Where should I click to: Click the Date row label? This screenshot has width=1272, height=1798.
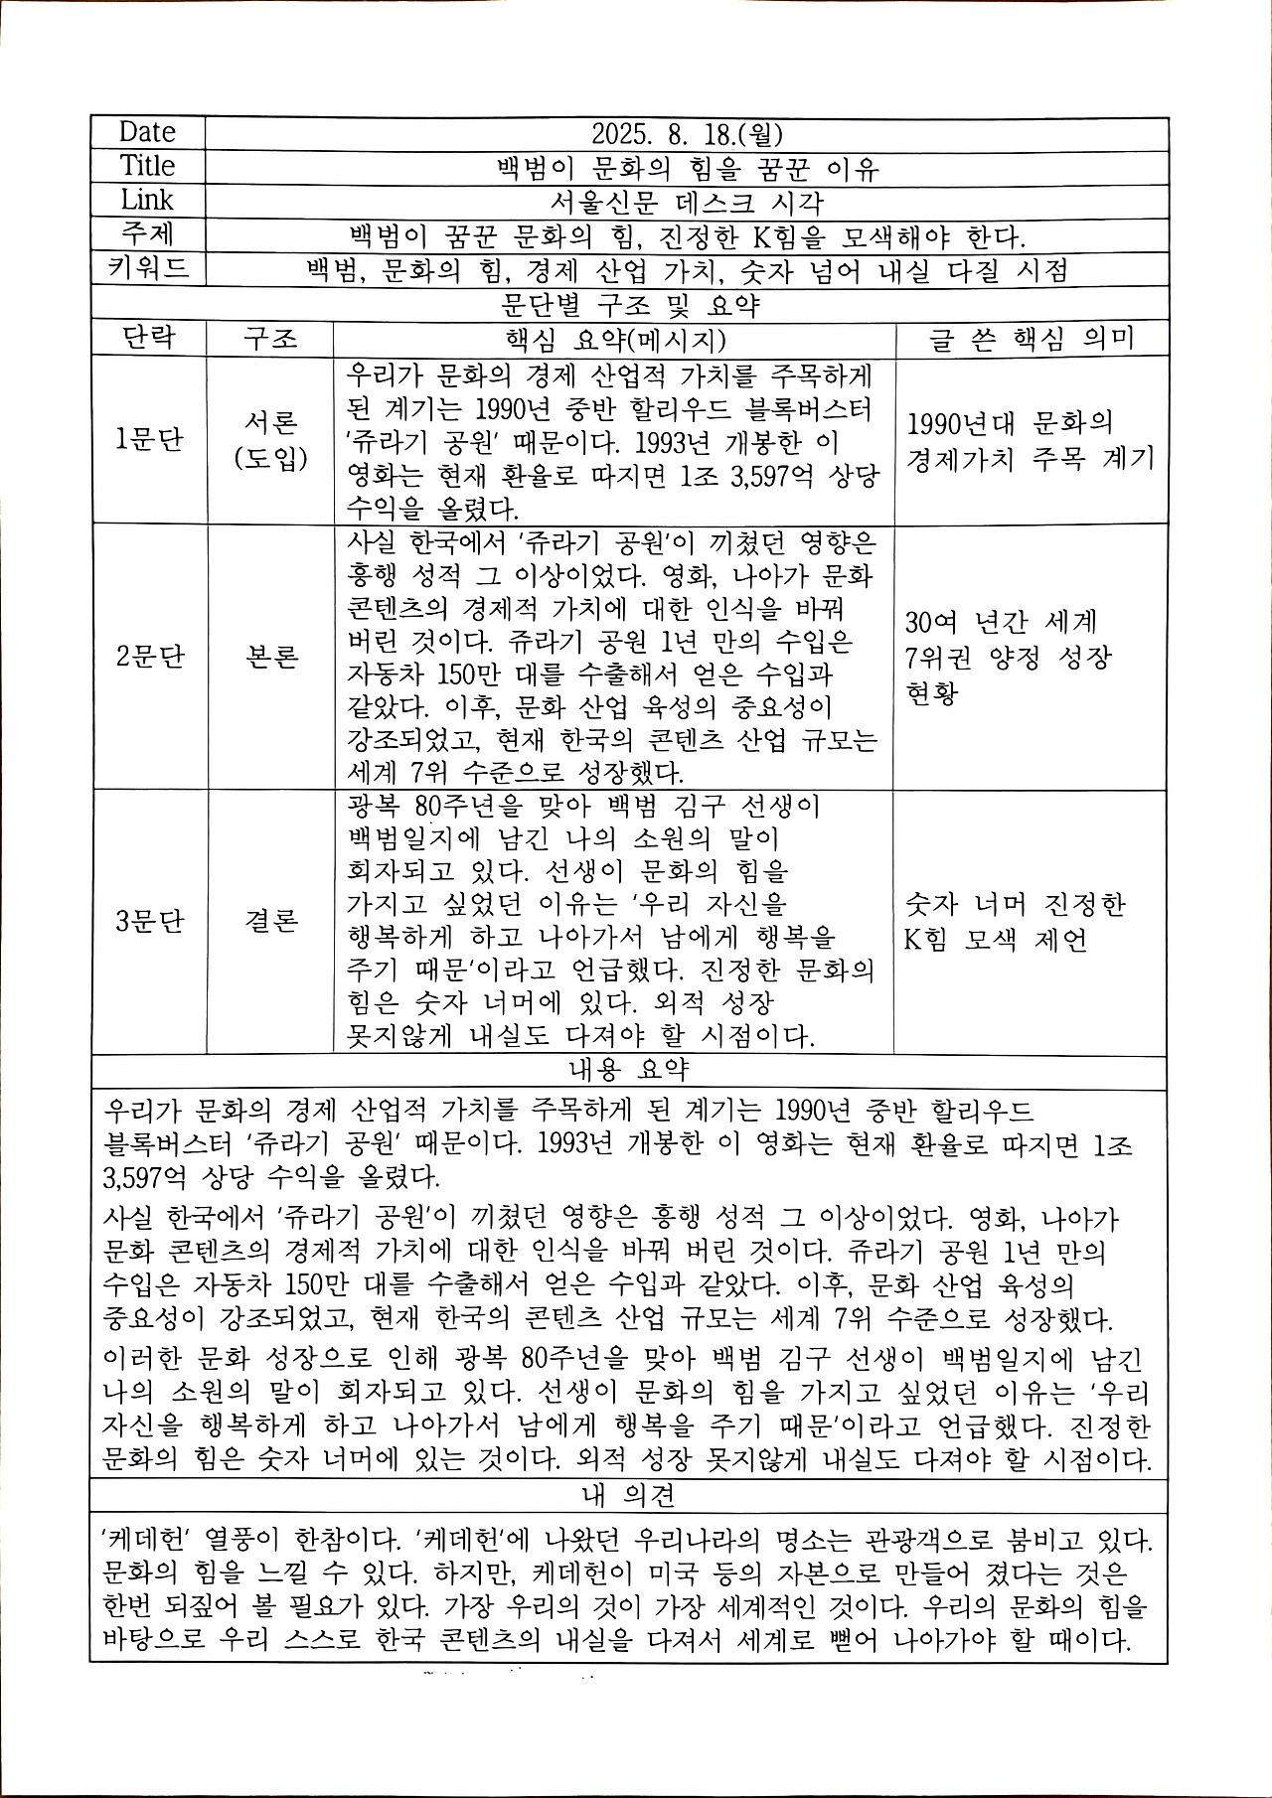pos(147,132)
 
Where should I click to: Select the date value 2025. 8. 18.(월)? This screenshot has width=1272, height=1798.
pos(685,133)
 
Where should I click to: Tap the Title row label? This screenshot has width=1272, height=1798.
pos(147,166)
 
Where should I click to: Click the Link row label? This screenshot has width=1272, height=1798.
pos(147,200)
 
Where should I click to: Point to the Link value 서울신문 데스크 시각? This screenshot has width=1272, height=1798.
pos(686,201)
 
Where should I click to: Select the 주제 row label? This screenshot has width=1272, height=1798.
pos(147,234)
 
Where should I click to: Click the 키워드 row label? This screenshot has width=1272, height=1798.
pos(147,268)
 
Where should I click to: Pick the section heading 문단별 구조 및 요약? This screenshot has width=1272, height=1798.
pos(630,303)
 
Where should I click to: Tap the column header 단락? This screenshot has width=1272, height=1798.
pos(148,338)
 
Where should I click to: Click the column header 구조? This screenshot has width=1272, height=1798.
pos(270,339)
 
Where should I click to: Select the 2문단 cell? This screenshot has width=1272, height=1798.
pos(150,657)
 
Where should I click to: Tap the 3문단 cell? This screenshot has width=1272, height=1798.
pos(150,921)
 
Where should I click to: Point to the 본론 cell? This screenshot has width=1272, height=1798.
pos(270,657)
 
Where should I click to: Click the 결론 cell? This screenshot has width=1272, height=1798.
pos(270,921)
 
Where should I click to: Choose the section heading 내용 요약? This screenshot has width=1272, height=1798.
pos(629,1070)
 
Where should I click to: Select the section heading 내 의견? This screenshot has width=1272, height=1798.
pos(629,1494)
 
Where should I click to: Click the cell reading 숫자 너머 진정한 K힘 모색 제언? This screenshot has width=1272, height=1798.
pos(1015,921)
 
